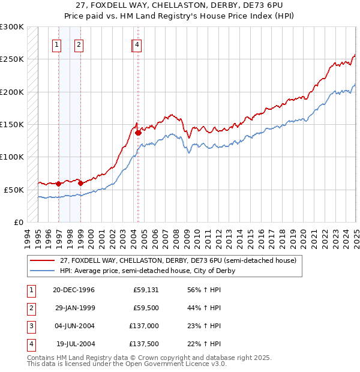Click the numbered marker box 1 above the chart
[56, 44]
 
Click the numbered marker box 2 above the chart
[79, 44]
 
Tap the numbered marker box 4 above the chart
[137, 44]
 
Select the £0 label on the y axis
[18, 222]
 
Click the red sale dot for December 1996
[59, 184]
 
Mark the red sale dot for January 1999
[80, 184]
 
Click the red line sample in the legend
[42, 261]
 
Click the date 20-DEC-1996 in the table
[74, 290]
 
